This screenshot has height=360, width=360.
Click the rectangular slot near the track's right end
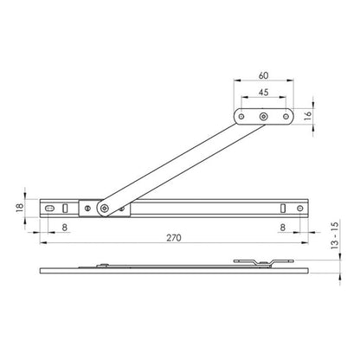(x=284, y=208)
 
